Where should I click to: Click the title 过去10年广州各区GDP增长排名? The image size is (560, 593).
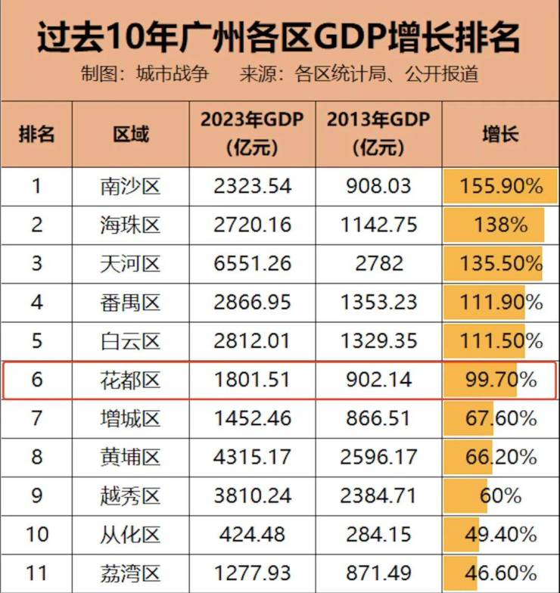pyautogui.click(x=279, y=37)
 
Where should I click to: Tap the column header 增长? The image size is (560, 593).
pyautogui.click(x=500, y=135)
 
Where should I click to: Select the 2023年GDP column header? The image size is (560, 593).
pyautogui.click(x=252, y=133)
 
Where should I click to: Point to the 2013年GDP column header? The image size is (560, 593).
pyautogui.click(x=378, y=133)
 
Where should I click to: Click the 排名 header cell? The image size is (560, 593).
pyautogui.click(x=36, y=135)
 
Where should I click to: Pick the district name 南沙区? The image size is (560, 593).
pyautogui.click(x=130, y=186)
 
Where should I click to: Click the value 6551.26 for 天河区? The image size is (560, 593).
pyautogui.click(x=252, y=264)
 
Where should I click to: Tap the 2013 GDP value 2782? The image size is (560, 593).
pyautogui.click(x=378, y=264)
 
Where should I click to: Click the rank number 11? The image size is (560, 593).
pyautogui.click(x=36, y=573)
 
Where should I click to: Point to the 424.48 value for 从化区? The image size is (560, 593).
pyautogui.click(x=252, y=534)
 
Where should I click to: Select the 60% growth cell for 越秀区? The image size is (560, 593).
pyautogui.click(x=500, y=495)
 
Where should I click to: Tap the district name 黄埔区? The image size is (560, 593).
pyautogui.click(x=130, y=457)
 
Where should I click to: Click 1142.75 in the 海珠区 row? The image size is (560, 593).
pyautogui.click(x=378, y=225)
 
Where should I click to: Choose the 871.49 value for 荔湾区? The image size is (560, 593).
pyautogui.click(x=378, y=573)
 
